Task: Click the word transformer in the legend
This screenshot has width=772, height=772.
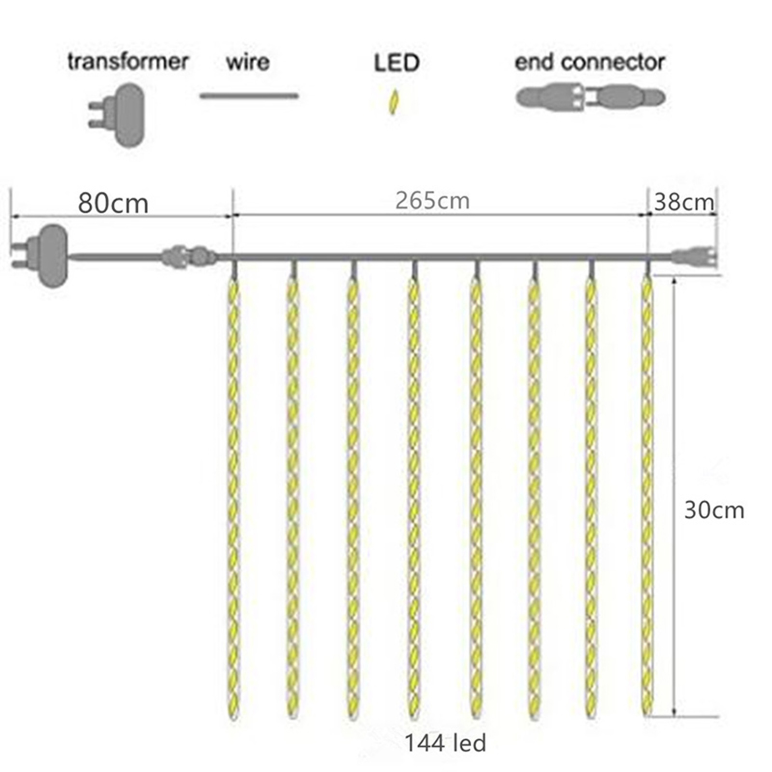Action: pos(128,62)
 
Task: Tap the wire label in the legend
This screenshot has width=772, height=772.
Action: pos(248,62)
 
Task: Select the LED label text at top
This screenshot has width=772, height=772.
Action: pos(397,63)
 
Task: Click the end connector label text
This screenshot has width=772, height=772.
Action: pos(590,62)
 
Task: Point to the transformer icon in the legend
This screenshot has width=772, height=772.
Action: pos(117,115)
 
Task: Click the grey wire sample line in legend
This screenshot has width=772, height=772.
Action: pos(249,96)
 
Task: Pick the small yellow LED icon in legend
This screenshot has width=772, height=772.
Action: pos(394,102)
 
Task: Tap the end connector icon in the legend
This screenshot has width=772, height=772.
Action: pos(591,97)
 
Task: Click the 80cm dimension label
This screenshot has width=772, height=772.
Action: pos(113,203)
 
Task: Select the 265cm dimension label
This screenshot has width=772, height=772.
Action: pos(432,201)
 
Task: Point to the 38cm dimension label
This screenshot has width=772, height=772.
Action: pos(684,202)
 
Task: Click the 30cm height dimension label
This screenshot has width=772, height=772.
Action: pos(714,510)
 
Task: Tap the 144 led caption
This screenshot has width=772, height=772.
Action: pos(445,744)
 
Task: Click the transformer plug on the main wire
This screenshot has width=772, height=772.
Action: pos(40,255)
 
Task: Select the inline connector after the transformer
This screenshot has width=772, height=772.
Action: pos(189,257)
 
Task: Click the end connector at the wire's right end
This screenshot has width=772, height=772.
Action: pos(695,256)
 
